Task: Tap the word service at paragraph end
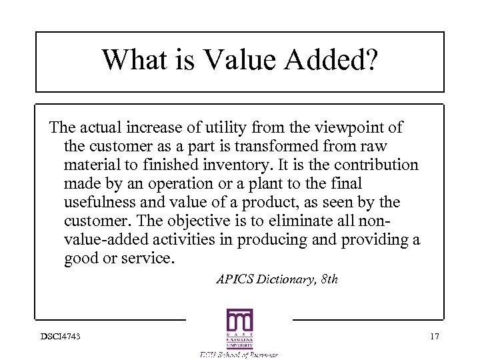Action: coord(149,258)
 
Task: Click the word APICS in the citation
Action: coord(234,279)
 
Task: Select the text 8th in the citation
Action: coord(327,279)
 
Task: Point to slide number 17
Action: coord(435,336)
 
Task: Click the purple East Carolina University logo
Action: coord(239,329)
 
